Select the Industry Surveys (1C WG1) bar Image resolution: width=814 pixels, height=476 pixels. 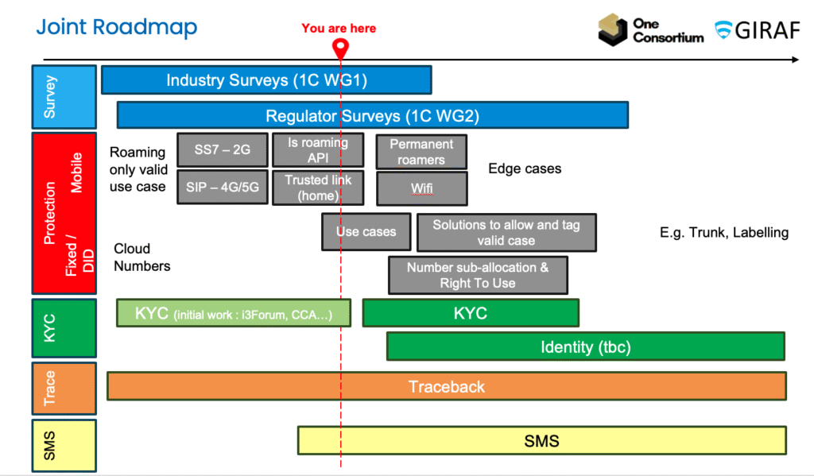click(x=266, y=80)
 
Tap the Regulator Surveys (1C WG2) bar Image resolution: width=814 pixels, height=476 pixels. click(x=373, y=115)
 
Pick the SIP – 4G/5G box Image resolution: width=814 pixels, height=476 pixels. click(x=222, y=187)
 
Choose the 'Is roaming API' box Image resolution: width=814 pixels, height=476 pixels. click(x=318, y=149)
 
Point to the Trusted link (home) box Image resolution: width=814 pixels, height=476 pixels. click(x=318, y=188)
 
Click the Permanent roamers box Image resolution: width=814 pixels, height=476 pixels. click(x=421, y=152)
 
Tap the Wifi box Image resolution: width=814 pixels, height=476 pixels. click(x=421, y=189)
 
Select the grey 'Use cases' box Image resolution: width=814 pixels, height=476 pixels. click(x=366, y=232)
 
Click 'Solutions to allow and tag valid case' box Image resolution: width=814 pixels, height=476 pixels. click(x=506, y=233)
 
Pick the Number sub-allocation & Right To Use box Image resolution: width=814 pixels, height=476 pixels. click(x=478, y=275)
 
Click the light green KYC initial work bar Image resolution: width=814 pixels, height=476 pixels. click(x=234, y=313)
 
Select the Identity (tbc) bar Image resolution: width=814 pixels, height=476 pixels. click(x=586, y=346)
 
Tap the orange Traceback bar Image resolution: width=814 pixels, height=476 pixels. click(x=447, y=386)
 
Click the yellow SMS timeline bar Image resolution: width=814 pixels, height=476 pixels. click(x=542, y=440)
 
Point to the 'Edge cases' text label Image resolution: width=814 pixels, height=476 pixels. click(x=525, y=168)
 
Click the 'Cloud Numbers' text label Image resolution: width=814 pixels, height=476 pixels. click(x=142, y=257)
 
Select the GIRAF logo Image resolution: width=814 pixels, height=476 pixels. click(x=758, y=30)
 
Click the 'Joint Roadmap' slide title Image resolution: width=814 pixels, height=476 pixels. click(x=116, y=27)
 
